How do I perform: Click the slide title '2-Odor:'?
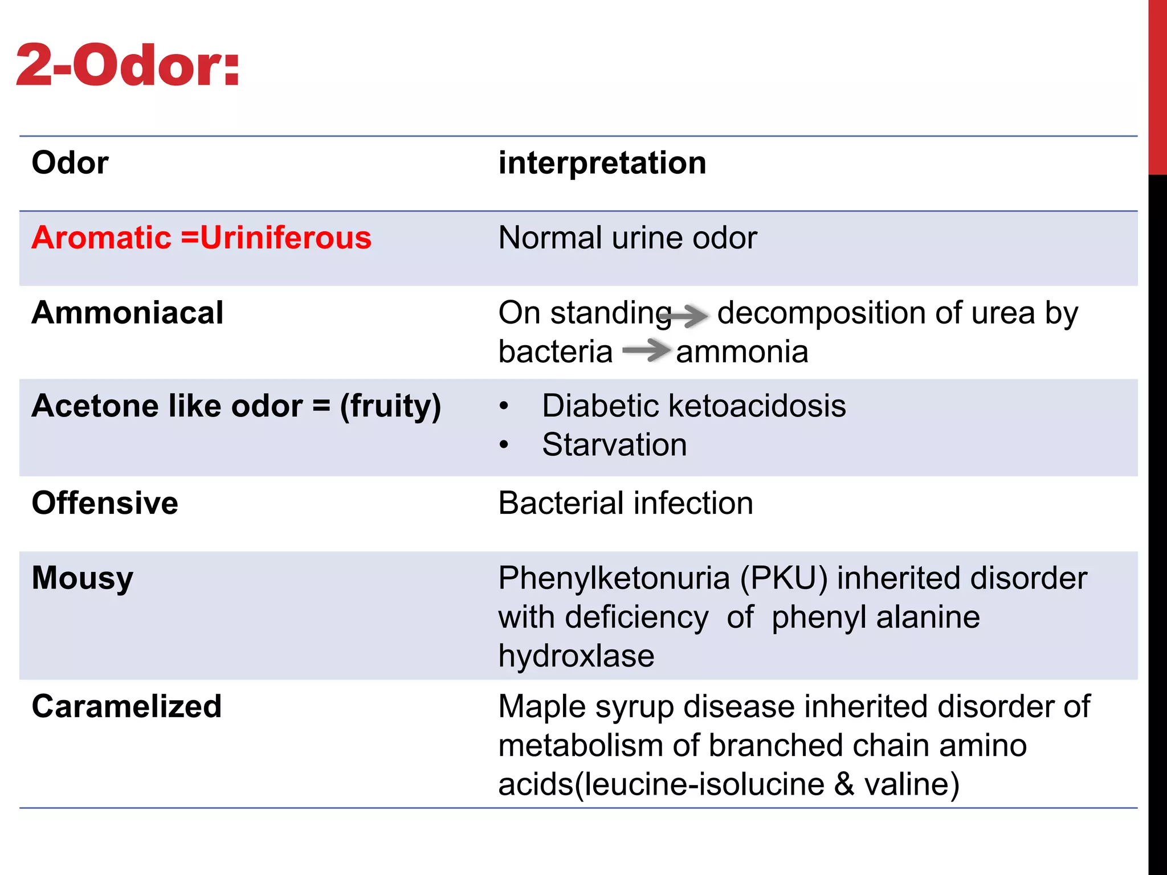(128, 66)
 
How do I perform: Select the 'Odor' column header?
(70, 163)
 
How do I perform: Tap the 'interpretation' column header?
(602, 163)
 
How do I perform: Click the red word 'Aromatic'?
(101, 238)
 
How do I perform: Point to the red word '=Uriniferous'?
(276, 238)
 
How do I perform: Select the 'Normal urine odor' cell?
(627, 238)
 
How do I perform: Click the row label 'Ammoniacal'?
(128, 313)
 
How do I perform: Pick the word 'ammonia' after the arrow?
(742, 352)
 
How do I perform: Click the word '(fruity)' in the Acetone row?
(390, 407)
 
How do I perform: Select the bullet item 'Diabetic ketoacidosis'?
(693, 406)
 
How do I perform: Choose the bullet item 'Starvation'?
(614, 444)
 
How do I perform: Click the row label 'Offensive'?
(105, 503)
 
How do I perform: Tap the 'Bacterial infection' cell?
(626, 504)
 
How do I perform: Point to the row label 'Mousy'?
(83, 579)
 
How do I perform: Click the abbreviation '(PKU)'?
(784, 579)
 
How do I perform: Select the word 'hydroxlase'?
(576, 656)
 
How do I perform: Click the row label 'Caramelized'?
(127, 706)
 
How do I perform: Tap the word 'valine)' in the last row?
(912, 784)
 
